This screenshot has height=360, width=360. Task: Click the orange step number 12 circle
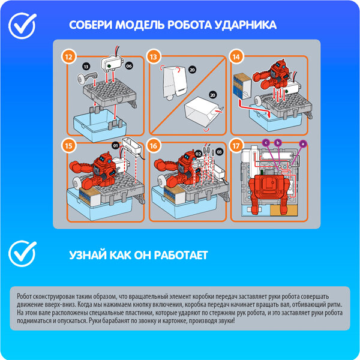pyautogui.click(x=69, y=57)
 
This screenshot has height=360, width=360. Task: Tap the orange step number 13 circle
pyautogui.click(x=154, y=57)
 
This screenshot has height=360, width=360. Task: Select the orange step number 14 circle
pyautogui.click(x=236, y=57)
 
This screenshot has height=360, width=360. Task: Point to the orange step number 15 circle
pyautogui.click(x=69, y=146)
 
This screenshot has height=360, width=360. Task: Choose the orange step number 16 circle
pyautogui.click(x=154, y=146)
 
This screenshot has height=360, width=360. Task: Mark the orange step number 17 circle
pyautogui.click(x=236, y=146)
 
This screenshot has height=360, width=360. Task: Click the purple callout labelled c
pyautogui.click(x=266, y=143)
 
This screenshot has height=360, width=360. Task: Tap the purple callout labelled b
pyautogui.click(x=278, y=143)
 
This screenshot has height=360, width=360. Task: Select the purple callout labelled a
pyautogui.click(x=302, y=144)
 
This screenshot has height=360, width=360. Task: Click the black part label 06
pyautogui.click(x=129, y=66)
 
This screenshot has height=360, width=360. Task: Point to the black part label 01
pyautogui.click(x=115, y=145)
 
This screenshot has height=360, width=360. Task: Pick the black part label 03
pyautogui.click(x=219, y=152)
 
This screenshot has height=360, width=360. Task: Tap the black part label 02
pyautogui.click(x=198, y=154)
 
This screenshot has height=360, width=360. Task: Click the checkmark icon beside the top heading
pyautogui.click(x=23, y=26)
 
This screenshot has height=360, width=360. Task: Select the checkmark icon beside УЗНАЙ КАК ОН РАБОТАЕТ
pyautogui.click(x=23, y=253)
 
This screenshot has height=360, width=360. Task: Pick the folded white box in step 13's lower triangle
pyautogui.click(x=202, y=112)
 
